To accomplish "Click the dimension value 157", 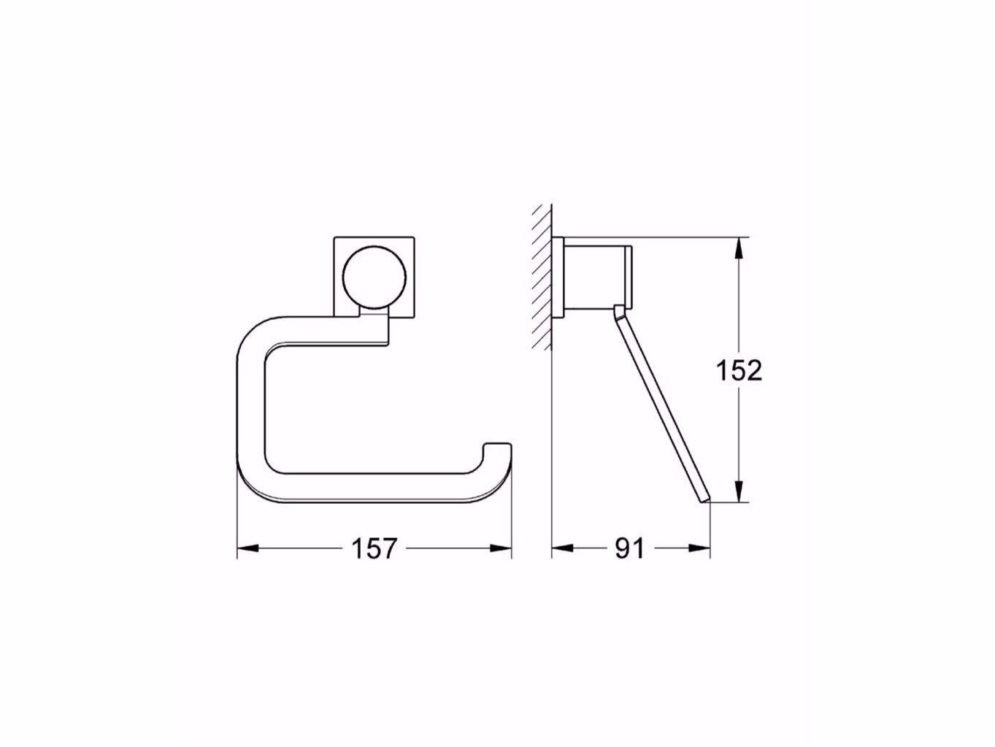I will coord(374,548).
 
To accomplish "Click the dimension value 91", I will coord(629,548).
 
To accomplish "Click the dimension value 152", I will coord(739,371).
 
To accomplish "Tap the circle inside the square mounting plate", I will coord(374,278).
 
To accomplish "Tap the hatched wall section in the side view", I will coord(541,277).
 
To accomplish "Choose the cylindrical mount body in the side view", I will coord(594,278).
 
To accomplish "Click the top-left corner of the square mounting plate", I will coord(335,237).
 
